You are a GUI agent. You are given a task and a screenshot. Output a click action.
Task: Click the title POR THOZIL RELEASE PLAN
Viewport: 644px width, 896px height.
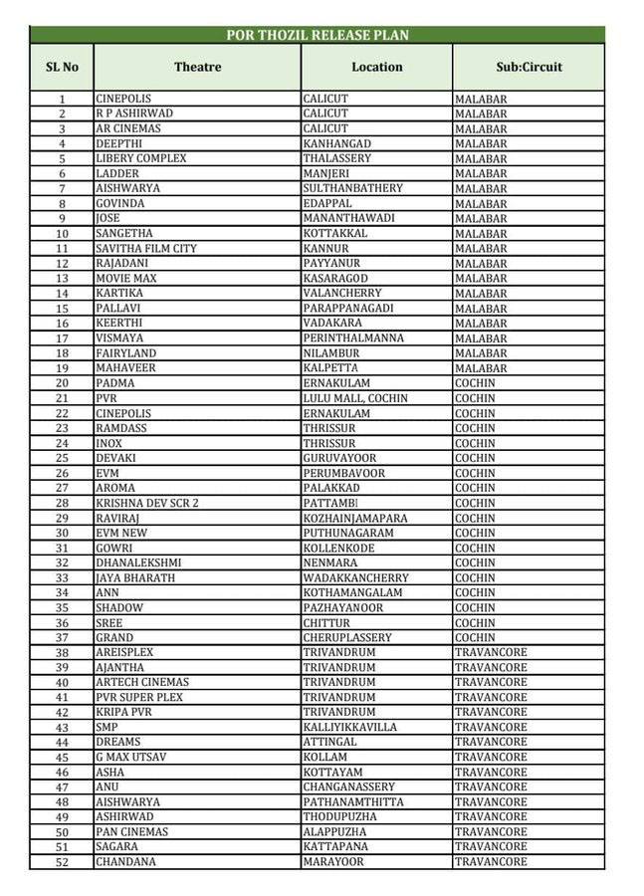pyautogui.click(x=318, y=35)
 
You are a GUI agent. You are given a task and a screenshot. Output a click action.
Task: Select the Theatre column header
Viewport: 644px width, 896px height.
pyautogui.click(x=197, y=67)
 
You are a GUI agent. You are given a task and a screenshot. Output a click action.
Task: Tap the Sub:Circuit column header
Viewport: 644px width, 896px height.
pyautogui.click(x=529, y=67)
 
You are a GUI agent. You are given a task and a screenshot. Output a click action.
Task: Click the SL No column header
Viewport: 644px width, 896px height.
pyautogui.click(x=62, y=67)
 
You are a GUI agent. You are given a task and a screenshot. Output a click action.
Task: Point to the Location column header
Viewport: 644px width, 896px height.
pyautogui.click(x=377, y=67)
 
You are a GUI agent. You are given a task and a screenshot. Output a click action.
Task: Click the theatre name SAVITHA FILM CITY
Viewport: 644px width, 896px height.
pyautogui.click(x=146, y=248)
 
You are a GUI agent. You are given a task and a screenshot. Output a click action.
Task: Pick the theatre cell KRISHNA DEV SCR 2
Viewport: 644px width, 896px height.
pyautogui.click(x=147, y=503)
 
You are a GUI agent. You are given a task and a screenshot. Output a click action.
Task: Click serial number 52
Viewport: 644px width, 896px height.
pyautogui.click(x=62, y=861)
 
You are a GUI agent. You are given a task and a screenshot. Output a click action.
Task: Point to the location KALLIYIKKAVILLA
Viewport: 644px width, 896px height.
pyautogui.click(x=350, y=727)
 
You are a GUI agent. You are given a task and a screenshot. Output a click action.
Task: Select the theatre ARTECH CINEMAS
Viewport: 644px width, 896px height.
pyautogui.click(x=142, y=682)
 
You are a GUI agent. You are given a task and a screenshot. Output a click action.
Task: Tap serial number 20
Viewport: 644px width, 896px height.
pyautogui.click(x=62, y=383)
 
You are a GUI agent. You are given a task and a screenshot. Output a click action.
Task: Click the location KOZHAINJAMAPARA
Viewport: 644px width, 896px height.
pyautogui.click(x=353, y=518)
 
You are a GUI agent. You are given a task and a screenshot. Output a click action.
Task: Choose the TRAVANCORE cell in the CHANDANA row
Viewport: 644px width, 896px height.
pyautogui.click(x=491, y=861)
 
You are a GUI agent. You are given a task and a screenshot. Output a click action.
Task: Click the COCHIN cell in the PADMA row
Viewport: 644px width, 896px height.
pyautogui.click(x=475, y=383)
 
